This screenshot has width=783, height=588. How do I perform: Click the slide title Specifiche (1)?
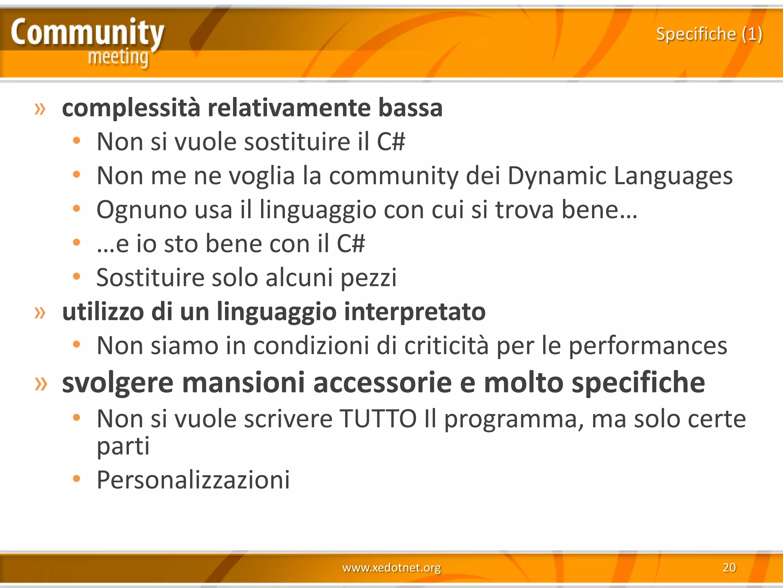(x=709, y=34)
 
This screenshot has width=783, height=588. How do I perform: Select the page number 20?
(x=729, y=567)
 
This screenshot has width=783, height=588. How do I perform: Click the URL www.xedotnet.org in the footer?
(x=391, y=567)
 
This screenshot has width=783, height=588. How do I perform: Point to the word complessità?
(x=131, y=108)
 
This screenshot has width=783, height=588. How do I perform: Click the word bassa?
(x=410, y=108)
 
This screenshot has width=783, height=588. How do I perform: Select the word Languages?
(x=673, y=176)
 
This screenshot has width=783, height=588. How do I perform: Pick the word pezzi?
(x=369, y=278)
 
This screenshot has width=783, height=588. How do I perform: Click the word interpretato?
(x=415, y=311)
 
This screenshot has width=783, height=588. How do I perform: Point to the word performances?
(x=648, y=346)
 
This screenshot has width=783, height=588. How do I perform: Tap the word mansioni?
(x=244, y=382)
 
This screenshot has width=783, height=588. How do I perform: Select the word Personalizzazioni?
(x=193, y=480)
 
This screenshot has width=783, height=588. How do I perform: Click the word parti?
(x=123, y=446)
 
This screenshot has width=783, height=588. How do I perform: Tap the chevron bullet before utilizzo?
(x=40, y=312)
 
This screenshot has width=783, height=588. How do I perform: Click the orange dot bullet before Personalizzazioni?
(x=76, y=478)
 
